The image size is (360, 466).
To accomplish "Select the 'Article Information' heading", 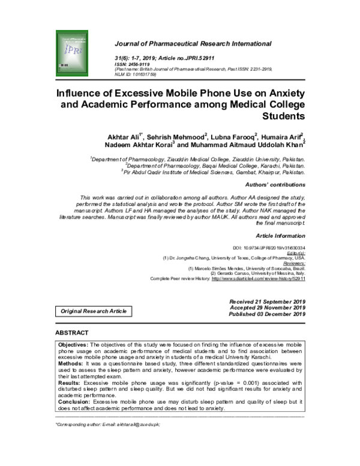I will coord(281,237).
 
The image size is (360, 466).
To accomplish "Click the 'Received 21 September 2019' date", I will coord(267,300).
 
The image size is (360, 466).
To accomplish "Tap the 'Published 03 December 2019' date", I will coord(267,313).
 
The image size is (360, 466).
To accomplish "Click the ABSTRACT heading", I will coord(71,332).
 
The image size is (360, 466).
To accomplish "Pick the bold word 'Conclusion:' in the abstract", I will coord(73,402).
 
